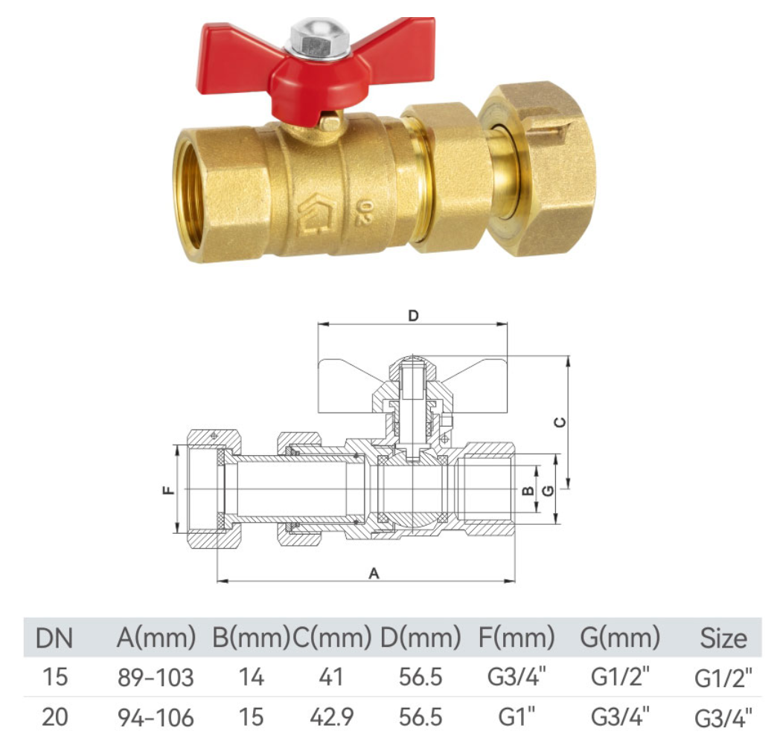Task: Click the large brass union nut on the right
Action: point(537,170)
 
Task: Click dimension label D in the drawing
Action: point(414,315)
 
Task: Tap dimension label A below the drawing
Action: point(374,573)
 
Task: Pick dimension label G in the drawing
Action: point(549,490)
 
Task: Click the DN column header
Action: point(55,637)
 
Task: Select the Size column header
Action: point(723,638)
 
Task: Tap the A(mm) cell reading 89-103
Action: point(156,677)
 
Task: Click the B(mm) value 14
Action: point(251,677)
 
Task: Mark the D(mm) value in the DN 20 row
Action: point(421,717)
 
